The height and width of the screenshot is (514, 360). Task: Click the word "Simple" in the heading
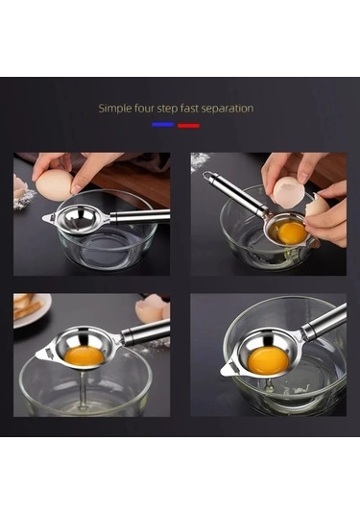coord(115,109)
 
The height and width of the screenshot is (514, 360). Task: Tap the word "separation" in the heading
coord(227,109)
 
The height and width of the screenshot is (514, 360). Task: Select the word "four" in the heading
coord(144,108)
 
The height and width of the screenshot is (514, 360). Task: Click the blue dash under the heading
coord(162,124)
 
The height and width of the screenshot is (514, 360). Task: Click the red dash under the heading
coord(188,125)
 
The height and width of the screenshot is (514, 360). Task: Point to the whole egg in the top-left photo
coord(55,185)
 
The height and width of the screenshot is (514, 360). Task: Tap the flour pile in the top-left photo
coord(24,199)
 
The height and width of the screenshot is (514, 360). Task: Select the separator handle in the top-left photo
coord(140,216)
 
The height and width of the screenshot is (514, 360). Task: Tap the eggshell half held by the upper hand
coord(290,192)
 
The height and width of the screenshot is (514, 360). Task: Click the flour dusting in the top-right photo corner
coord(200,161)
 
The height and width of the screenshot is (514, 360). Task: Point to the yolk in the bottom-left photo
coord(84,356)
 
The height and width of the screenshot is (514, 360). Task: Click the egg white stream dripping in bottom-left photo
coord(83,389)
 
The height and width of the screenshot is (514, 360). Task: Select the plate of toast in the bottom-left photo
coord(31,309)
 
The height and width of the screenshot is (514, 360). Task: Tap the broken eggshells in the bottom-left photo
coord(153,307)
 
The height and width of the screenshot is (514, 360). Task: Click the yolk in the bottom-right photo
coord(268,360)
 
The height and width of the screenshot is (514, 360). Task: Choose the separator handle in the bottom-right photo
coord(324,320)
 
